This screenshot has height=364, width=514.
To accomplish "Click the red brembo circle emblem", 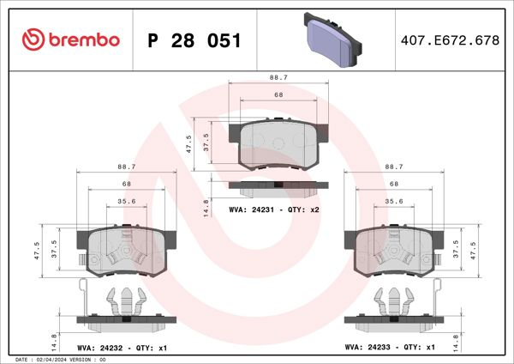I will [32, 39].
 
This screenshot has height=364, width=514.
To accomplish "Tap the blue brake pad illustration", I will [331, 41].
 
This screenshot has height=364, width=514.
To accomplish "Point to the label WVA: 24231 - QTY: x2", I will [274, 209].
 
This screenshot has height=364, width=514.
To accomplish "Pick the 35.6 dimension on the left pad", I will [126, 202].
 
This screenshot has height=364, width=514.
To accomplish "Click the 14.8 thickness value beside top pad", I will [206, 206].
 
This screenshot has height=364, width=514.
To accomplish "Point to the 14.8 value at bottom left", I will [54, 340].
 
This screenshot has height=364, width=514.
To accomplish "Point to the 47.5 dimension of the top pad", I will [190, 143].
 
